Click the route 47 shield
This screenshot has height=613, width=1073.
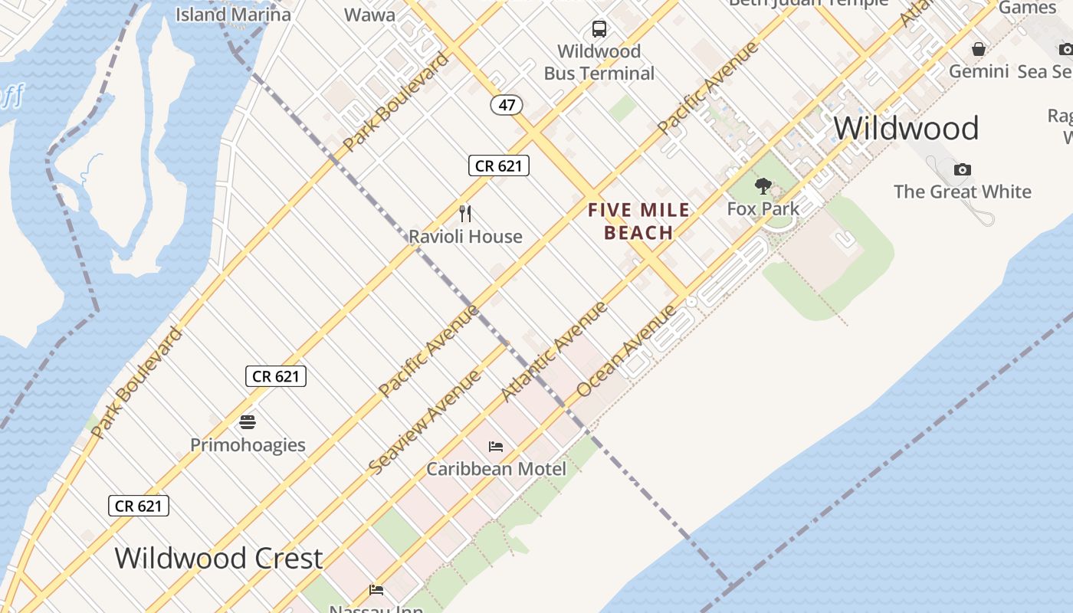point(507,105)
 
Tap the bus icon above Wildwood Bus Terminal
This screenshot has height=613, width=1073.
point(599,30)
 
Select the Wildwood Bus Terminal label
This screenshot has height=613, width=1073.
point(599,63)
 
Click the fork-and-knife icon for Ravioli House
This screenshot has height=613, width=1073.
point(464,213)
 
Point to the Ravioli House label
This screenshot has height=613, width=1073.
point(465,236)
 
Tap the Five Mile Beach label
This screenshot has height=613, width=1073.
point(638,221)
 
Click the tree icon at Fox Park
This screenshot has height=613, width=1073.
point(763,185)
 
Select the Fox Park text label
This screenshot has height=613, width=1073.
point(763,208)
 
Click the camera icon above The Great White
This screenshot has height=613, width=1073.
point(963,169)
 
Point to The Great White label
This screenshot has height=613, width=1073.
point(963,192)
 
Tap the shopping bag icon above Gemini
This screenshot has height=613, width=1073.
point(979,50)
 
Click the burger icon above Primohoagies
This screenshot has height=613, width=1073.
point(247,421)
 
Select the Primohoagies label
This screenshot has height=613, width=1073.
point(248,444)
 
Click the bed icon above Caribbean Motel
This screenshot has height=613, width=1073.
point(496,446)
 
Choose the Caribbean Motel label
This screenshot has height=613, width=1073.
point(496,468)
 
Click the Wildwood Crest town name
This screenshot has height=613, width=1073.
point(218,558)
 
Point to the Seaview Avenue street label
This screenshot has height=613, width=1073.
point(425,421)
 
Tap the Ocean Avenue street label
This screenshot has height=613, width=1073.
point(626,351)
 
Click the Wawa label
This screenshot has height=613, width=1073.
point(369,15)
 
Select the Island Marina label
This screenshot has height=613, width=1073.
point(233,15)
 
